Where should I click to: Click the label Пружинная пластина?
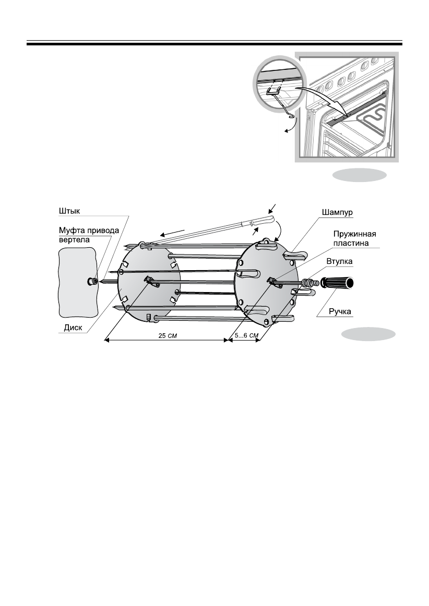point(355,239)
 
